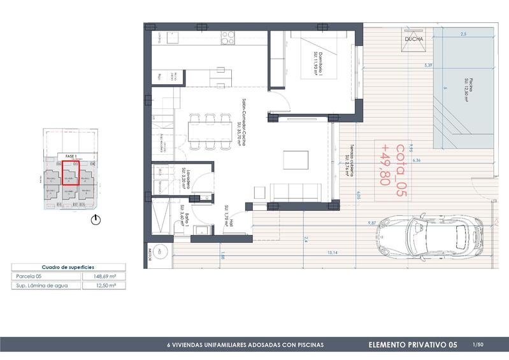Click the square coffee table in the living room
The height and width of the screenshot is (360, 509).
coord(294,158)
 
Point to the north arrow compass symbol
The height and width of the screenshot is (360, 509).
coord(96,220)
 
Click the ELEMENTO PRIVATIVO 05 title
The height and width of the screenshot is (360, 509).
coord(413,345)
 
